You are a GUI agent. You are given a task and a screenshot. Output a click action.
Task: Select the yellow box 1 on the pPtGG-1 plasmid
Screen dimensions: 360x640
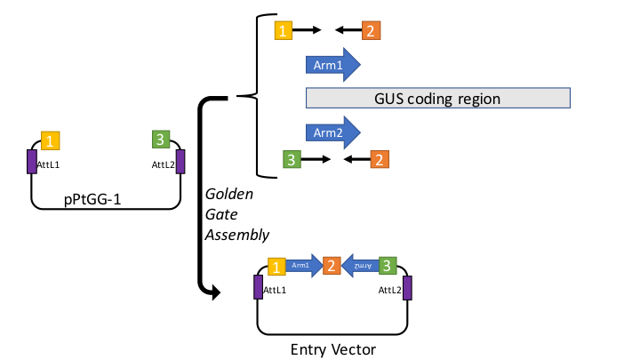click(x=51, y=140)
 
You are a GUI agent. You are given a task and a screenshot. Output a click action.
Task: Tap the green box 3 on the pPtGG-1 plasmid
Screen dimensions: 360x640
click(x=159, y=140)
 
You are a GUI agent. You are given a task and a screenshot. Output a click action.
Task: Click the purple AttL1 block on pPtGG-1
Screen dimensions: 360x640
click(x=32, y=163)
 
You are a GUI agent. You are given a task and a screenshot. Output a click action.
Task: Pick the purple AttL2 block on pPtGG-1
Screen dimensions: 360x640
click(x=180, y=163)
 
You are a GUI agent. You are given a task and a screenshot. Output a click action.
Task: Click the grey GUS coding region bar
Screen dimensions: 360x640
click(x=436, y=98)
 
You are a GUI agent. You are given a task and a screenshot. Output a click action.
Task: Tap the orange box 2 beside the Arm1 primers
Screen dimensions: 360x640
click(x=370, y=31)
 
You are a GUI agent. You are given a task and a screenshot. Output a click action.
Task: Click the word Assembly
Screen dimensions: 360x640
click(x=236, y=235)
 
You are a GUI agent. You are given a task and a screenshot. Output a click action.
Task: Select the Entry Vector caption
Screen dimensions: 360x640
click(x=333, y=348)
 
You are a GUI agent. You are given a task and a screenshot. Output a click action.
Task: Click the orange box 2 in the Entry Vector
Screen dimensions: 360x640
click(x=332, y=265)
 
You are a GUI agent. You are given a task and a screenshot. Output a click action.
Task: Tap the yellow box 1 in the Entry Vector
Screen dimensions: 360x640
click(x=276, y=266)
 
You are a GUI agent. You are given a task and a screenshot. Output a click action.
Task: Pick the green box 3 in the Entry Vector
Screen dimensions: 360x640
click(x=387, y=265)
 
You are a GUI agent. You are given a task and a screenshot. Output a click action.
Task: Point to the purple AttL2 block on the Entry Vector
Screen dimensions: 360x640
click(x=407, y=288)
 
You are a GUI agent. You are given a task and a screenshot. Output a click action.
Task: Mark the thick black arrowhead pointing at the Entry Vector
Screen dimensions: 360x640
click(x=212, y=290)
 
